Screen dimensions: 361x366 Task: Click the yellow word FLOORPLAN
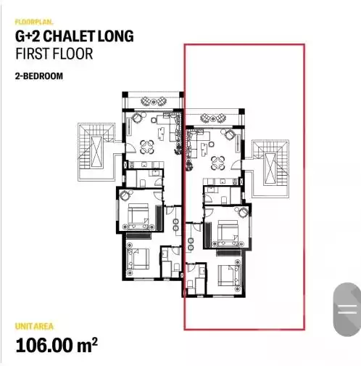coord(34,22)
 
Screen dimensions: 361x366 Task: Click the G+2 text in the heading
coord(28,36)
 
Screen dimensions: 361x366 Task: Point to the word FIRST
coord(33,54)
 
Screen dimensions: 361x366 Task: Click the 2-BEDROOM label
coord(39,76)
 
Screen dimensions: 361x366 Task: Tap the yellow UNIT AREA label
coord(34,326)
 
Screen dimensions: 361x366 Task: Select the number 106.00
coord(44,345)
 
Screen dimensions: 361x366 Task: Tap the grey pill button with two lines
coord(347,309)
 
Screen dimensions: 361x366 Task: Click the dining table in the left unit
coord(147,147)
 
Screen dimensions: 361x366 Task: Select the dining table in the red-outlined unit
coord(218,163)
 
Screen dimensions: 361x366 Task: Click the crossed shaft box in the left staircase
coord(96,152)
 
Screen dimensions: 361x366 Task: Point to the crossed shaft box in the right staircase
coord(270,168)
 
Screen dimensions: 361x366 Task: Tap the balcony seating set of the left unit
coord(153,102)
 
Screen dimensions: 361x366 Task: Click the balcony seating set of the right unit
coord(213,118)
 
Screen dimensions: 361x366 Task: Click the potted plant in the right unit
coord(189,166)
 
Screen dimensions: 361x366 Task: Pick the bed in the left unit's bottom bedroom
coord(138,259)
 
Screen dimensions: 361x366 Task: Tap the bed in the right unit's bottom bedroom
coord(229,275)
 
